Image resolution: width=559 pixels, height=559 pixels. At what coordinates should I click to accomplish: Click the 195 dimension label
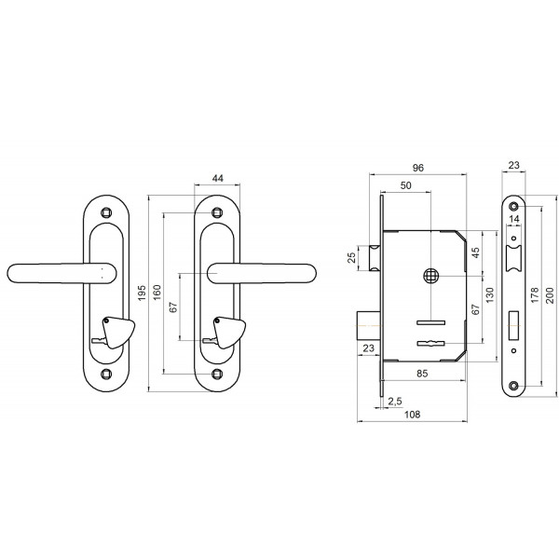pyautogui.click(x=142, y=293)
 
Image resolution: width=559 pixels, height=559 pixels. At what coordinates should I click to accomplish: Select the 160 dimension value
pyautogui.click(x=157, y=293)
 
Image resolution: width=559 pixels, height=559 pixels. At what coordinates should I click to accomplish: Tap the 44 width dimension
pyautogui.click(x=217, y=178)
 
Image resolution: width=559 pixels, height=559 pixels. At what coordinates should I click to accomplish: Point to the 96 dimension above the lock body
pyautogui.click(x=417, y=168)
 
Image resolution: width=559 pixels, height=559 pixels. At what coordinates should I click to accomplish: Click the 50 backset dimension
pyautogui.click(x=405, y=185)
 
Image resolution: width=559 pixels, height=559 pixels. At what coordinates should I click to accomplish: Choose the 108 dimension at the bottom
pyautogui.click(x=412, y=415)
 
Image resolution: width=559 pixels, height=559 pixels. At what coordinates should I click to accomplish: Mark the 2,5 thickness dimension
pyautogui.click(x=395, y=402)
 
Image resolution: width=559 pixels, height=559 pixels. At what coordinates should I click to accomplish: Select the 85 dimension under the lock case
pyautogui.click(x=422, y=374)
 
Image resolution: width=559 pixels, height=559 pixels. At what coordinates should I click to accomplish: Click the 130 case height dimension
pyautogui.click(x=490, y=295)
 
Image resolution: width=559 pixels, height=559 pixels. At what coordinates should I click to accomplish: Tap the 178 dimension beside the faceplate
pyautogui.click(x=535, y=295)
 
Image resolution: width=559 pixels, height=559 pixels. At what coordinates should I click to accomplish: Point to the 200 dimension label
pyautogui.click(x=550, y=295)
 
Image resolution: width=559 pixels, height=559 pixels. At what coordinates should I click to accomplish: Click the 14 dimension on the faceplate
pyautogui.click(x=514, y=219)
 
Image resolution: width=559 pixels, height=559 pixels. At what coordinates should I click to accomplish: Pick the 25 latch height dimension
pyautogui.click(x=351, y=257)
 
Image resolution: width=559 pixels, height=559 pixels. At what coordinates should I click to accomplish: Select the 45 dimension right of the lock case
pyautogui.click(x=475, y=252)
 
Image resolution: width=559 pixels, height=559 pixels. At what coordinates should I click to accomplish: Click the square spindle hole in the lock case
pyautogui.click(x=431, y=276)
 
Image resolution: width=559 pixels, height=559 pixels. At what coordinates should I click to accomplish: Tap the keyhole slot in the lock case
pyautogui.click(x=431, y=343)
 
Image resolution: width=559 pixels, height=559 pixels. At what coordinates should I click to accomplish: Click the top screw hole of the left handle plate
pyautogui.click(x=106, y=212)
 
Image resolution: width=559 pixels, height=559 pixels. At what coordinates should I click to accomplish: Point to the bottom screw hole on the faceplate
pyautogui.click(x=513, y=386)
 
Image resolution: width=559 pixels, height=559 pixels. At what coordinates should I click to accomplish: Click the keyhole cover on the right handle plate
pyautogui.click(x=229, y=333)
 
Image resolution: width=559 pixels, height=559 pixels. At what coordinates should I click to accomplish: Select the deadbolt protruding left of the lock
pyautogui.click(x=370, y=325)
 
